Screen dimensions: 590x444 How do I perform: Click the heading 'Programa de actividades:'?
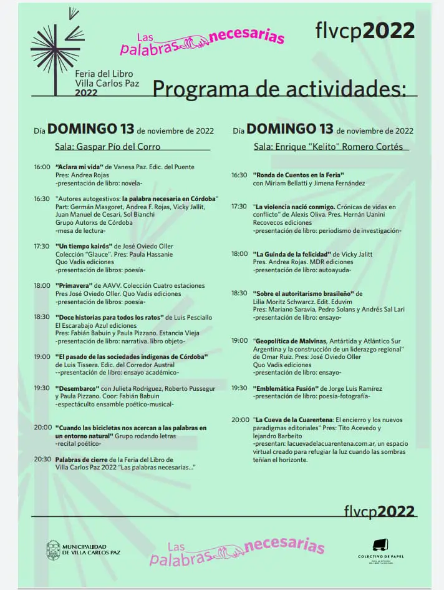[x=284, y=89]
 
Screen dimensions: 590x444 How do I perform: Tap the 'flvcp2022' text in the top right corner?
[x=365, y=30]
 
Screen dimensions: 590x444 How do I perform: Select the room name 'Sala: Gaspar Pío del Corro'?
[x=108, y=147]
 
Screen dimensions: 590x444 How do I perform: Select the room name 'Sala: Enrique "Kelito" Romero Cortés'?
[x=328, y=147]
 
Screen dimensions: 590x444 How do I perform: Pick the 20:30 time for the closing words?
[x=42, y=459]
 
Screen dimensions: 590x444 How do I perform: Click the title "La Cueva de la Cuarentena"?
[x=293, y=420]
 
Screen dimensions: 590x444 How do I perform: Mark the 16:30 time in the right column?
[x=239, y=175]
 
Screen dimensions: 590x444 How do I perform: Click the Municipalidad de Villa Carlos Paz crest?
[x=53, y=549]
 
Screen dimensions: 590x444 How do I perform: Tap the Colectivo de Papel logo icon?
[x=380, y=545]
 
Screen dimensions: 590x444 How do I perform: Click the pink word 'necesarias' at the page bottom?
[x=284, y=545]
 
